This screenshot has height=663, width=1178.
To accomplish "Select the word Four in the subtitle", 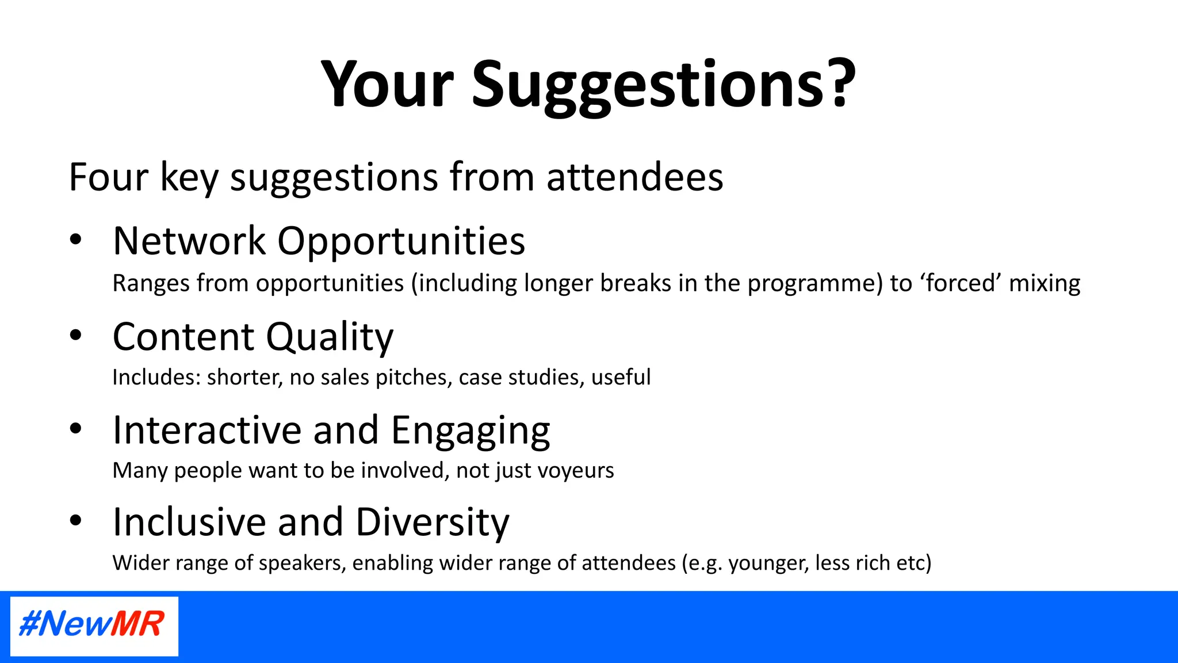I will point(108,177).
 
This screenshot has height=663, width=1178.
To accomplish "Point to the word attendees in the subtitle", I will point(634,177).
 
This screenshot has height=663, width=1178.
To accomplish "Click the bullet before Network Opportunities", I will point(75,240).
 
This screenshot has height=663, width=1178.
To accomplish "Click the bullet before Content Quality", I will point(75,336).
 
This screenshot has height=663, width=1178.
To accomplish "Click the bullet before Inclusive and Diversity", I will point(75,521).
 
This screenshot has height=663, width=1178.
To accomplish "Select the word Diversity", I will point(432,523).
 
